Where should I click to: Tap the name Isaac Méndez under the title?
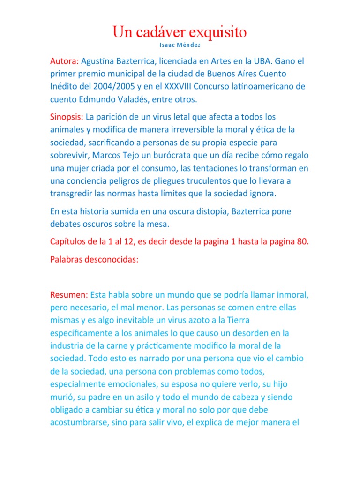tap(180, 45)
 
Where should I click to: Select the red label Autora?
tap(65, 61)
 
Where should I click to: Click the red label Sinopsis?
tap(67, 116)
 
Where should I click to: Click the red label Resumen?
tap(68, 295)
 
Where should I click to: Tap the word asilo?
tap(138, 397)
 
